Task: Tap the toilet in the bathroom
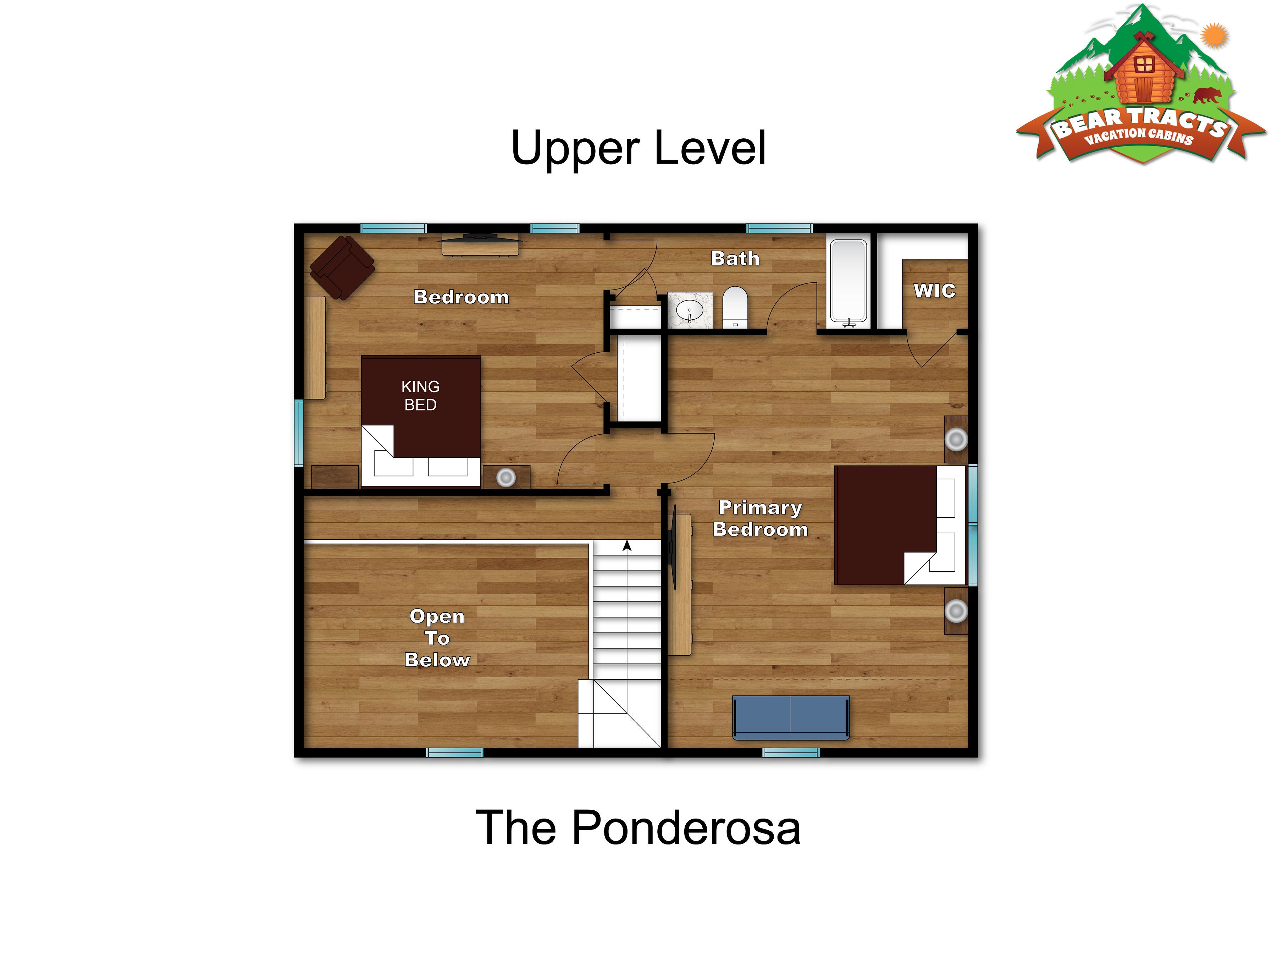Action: tap(735, 308)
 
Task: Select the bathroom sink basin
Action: tap(690, 312)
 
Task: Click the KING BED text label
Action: tap(420, 396)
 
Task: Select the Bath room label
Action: tap(735, 258)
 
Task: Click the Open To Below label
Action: tap(437, 638)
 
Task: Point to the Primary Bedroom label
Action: tap(760, 518)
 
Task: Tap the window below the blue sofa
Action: tap(791, 753)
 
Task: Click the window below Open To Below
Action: tap(454, 753)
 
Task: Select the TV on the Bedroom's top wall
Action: tap(480, 237)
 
